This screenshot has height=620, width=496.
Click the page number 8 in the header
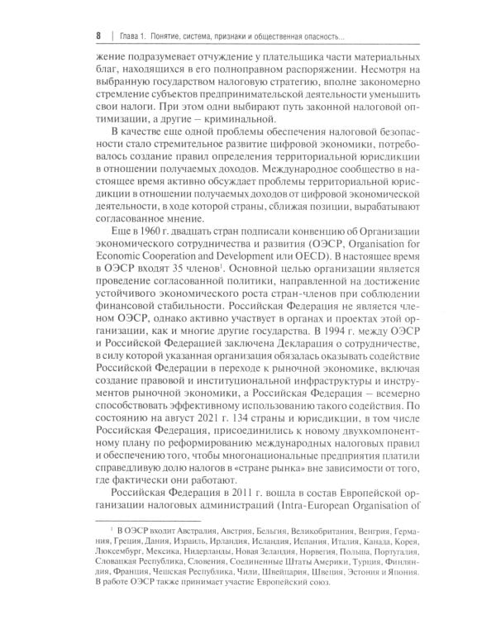98,36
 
